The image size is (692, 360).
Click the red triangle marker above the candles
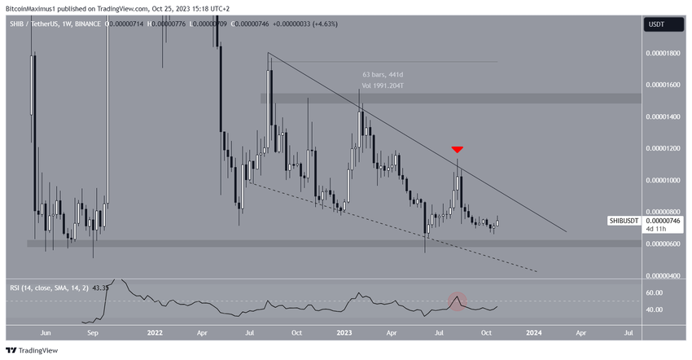(x=458, y=150)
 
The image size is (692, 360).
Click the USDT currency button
(x=655, y=24)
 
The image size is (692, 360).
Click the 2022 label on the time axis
(x=155, y=333)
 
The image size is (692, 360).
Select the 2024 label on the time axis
(x=534, y=333)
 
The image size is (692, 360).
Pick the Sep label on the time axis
(x=93, y=333)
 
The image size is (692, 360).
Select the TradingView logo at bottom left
(x=33, y=350)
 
